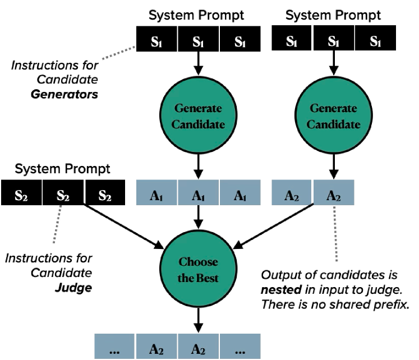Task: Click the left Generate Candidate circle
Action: pos(198,116)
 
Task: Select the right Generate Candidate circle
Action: pos(333,116)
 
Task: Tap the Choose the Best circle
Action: pos(198,269)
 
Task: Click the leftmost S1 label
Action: pos(156,41)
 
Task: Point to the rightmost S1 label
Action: pos(375,41)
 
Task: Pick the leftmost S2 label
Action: pos(21,196)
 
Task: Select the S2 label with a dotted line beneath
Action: pos(63,196)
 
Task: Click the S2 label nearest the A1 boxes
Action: pos(105,196)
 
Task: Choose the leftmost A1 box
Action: pos(157,192)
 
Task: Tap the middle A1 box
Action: pos(198,192)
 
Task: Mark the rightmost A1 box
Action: pos(240,192)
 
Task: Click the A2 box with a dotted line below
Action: pos(334,192)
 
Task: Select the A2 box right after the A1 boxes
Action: pos(292,192)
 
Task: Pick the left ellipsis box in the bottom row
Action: pos(114,347)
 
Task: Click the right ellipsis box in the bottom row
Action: pos(240,347)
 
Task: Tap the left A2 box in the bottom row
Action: pos(156,347)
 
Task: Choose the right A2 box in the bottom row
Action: pos(198,347)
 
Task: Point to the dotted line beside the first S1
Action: pos(118,53)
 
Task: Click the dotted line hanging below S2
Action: pos(57,224)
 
